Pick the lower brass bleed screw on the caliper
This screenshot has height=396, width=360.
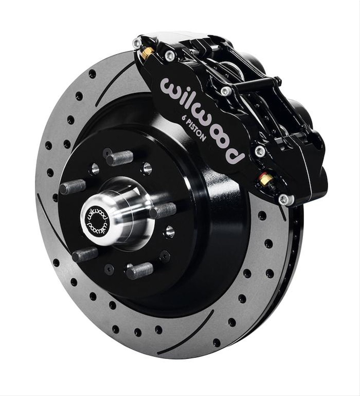point(266,179)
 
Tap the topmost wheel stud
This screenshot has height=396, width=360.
point(120,158)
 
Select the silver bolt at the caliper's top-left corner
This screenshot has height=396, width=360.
point(137,43)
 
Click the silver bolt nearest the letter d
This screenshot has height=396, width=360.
point(260,151)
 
